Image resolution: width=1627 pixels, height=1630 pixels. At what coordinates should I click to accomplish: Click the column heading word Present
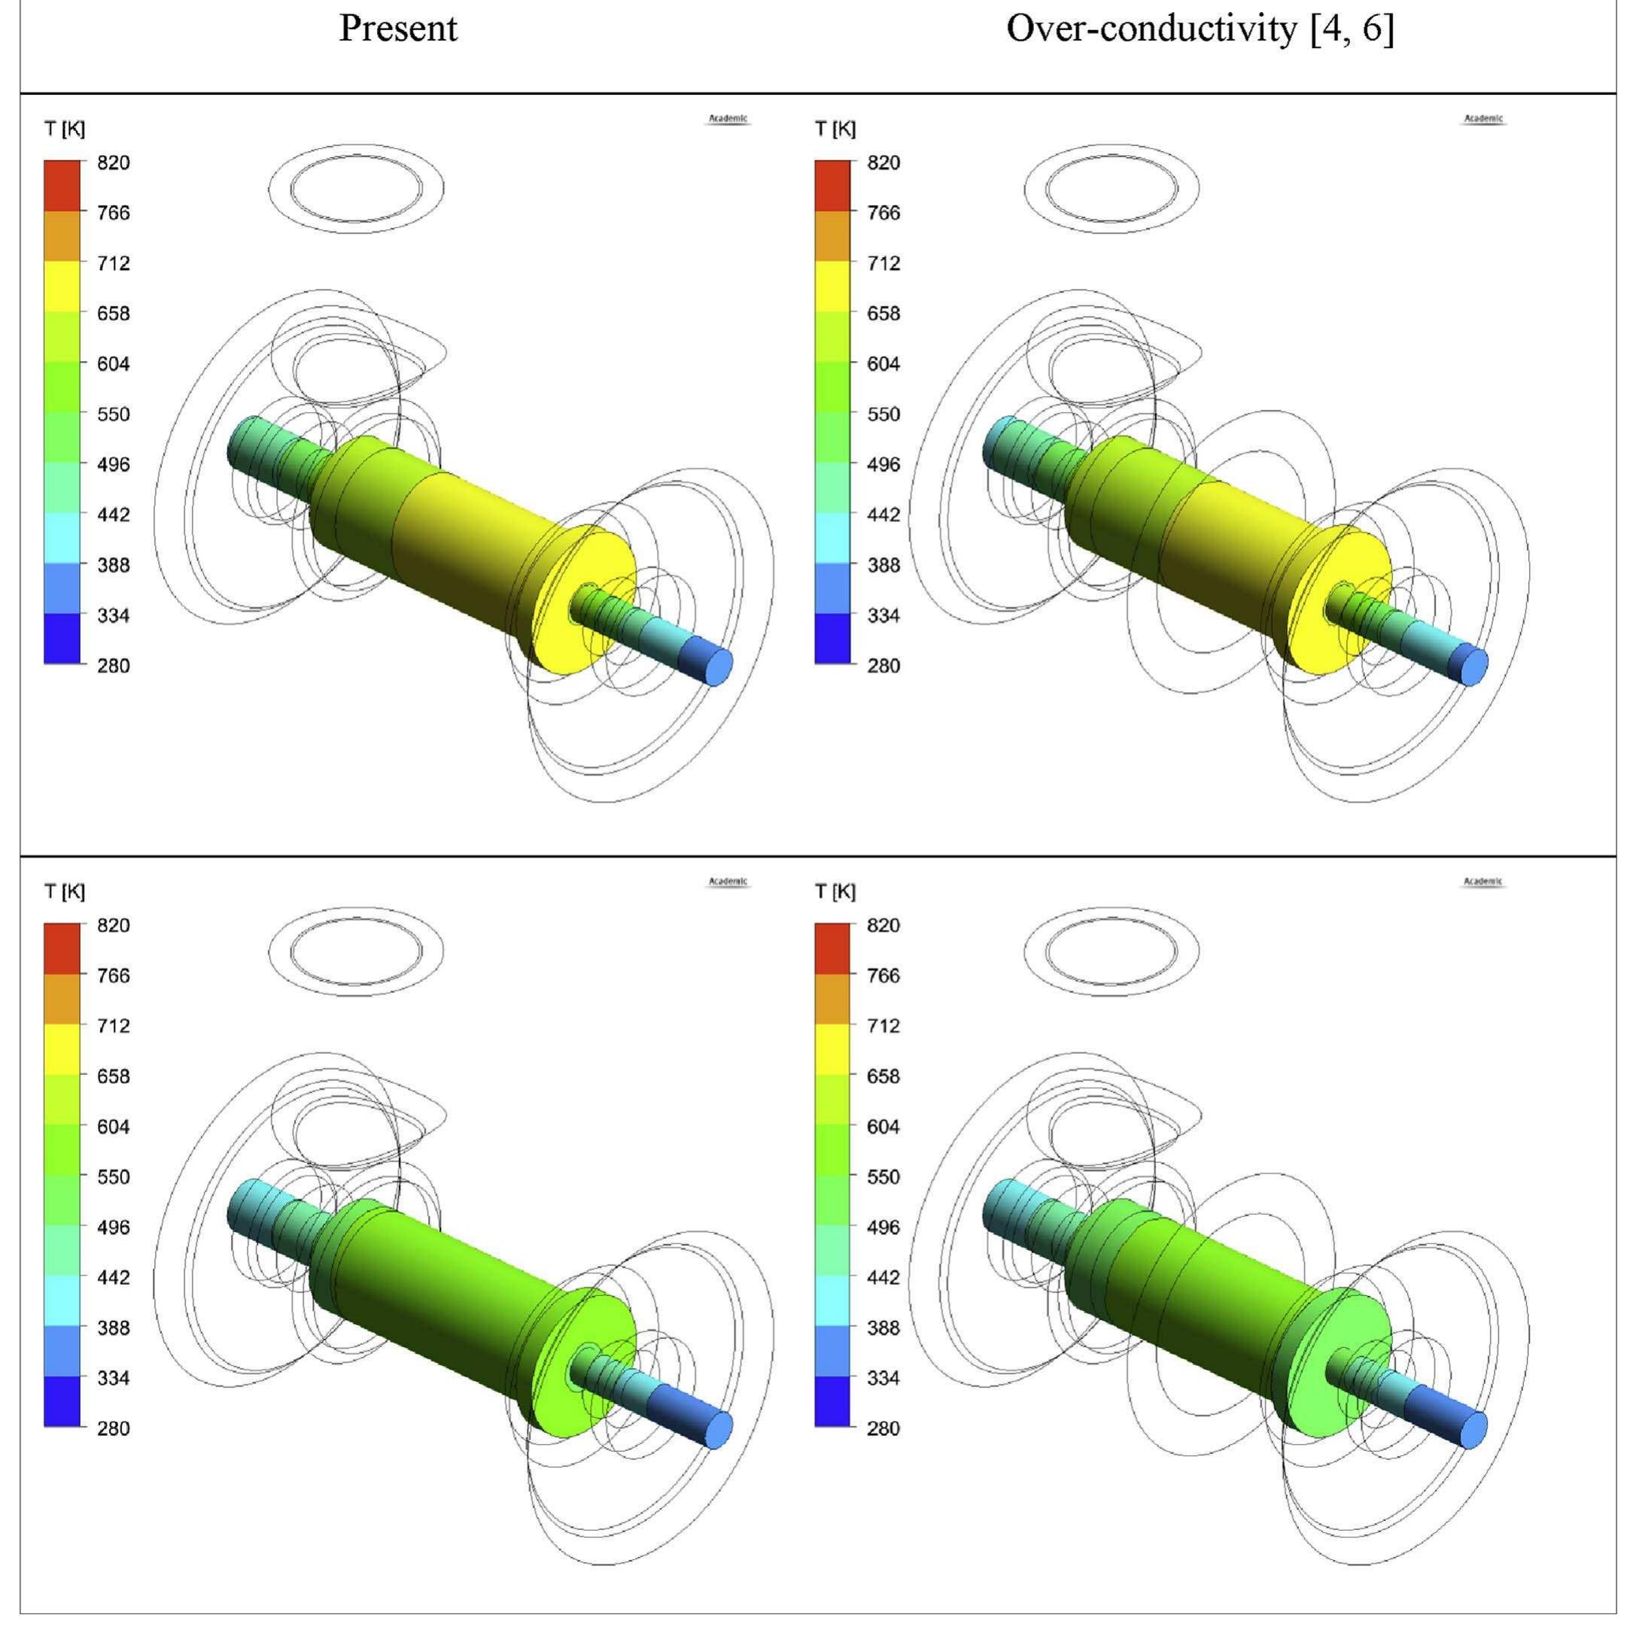397,28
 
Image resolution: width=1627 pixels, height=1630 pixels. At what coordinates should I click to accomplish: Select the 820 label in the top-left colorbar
113,162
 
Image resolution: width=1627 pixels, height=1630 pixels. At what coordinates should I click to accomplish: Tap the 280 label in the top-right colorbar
883,666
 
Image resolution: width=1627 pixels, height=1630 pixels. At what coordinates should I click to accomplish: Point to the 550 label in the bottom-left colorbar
113,1177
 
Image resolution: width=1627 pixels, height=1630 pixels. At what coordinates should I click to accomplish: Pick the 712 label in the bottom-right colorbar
883,1026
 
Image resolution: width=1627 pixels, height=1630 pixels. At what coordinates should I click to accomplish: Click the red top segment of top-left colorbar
62,185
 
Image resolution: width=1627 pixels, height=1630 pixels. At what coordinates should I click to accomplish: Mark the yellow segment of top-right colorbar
832,286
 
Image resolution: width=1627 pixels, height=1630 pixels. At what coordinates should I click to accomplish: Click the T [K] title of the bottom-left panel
65,892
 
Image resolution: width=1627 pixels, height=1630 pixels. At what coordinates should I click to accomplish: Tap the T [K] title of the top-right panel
835,129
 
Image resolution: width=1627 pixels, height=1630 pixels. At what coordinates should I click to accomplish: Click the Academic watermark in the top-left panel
728,119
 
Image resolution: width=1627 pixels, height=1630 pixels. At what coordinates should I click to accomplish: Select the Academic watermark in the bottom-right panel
1483,882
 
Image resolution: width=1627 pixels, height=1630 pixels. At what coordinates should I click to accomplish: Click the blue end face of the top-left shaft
717,666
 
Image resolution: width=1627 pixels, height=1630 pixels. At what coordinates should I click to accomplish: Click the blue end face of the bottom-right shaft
1473,1429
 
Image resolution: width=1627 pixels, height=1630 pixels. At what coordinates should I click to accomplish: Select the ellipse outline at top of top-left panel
356,145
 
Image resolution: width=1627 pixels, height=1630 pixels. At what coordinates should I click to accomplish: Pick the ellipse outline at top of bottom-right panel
1112,909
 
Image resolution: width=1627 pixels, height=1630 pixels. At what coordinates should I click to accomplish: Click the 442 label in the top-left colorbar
113,514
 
